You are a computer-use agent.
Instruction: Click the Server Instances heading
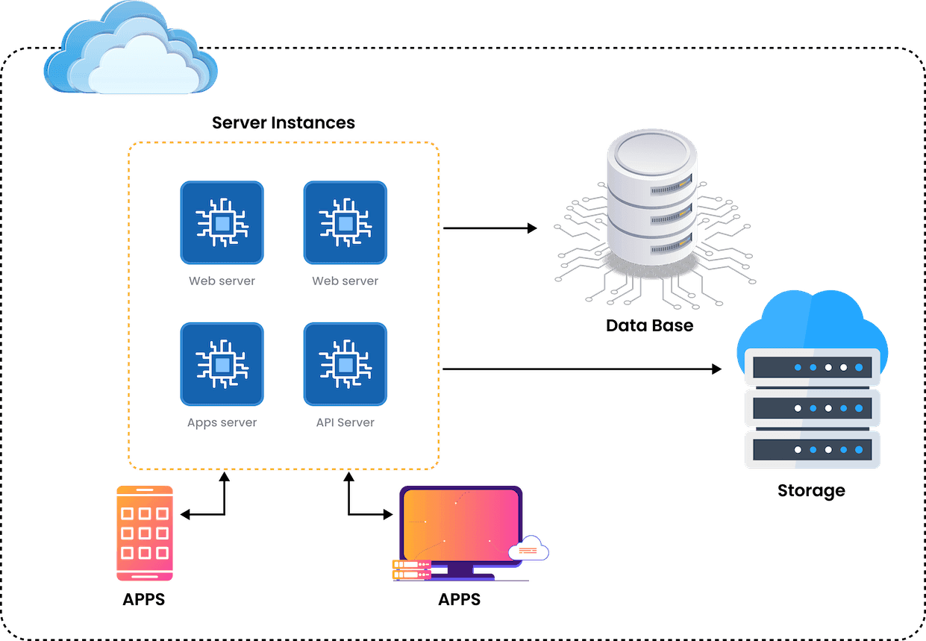point(284,122)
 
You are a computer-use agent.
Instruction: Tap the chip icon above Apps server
point(222,363)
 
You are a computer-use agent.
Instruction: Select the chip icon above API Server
point(345,363)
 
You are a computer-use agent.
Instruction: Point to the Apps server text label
point(222,422)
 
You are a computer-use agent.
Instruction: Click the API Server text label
point(345,422)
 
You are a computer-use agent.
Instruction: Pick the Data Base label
point(649,325)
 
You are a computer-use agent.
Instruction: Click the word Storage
point(811,490)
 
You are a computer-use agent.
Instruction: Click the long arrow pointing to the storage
point(582,369)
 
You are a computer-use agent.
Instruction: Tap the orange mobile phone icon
point(145,534)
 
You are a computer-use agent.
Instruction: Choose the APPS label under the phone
point(145,599)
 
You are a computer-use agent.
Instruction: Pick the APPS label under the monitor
point(459,599)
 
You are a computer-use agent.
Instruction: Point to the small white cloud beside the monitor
point(528,549)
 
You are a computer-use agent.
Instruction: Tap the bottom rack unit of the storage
point(813,450)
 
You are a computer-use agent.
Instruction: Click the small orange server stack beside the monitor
point(410,570)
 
